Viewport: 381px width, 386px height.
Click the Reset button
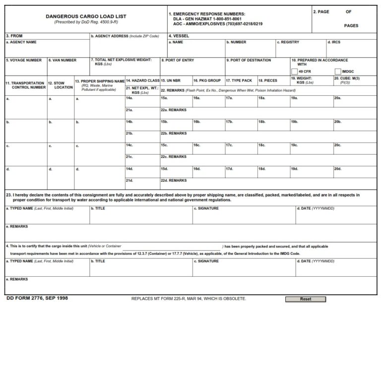click(306, 299)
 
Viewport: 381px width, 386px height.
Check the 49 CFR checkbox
click(295, 72)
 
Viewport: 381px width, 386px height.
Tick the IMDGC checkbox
click(338, 72)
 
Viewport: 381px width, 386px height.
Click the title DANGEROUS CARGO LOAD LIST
click(86, 16)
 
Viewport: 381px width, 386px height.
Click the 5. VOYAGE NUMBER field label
click(24, 60)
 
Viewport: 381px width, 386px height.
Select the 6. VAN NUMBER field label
click(63, 60)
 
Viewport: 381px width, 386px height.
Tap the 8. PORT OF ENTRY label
click(178, 60)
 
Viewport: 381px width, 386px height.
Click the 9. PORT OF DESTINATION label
click(249, 60)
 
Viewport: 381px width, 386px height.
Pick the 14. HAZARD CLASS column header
click(142, 80)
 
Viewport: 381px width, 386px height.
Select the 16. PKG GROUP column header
click(207, 80)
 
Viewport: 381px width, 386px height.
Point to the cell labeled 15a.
click(164, 98)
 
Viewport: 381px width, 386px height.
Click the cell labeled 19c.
click(294, 146)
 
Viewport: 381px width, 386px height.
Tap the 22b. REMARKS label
click(174, 134)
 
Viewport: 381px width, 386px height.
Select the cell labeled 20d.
click(337, 169)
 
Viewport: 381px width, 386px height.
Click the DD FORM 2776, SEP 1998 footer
click(37, 299)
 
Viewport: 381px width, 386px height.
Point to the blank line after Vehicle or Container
click(171, 247)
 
